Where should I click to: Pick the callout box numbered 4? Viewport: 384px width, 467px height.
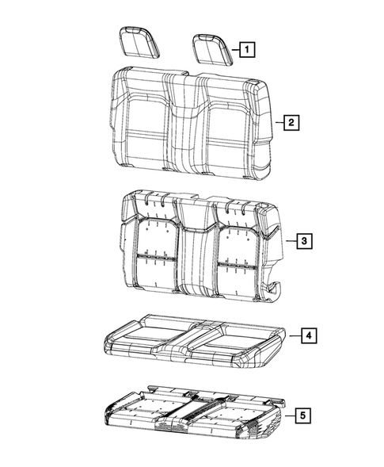pos(310,337)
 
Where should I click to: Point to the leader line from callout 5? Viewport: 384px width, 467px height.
pos(287,415)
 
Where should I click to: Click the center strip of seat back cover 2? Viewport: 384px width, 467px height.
pos(188,127)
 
